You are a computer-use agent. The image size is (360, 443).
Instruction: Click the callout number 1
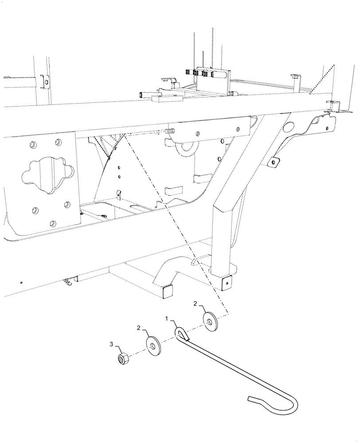coord(167,319)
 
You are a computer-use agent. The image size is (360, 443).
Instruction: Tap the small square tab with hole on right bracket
coord(274,162)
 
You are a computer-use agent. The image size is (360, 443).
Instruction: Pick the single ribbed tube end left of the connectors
coord(145,94)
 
